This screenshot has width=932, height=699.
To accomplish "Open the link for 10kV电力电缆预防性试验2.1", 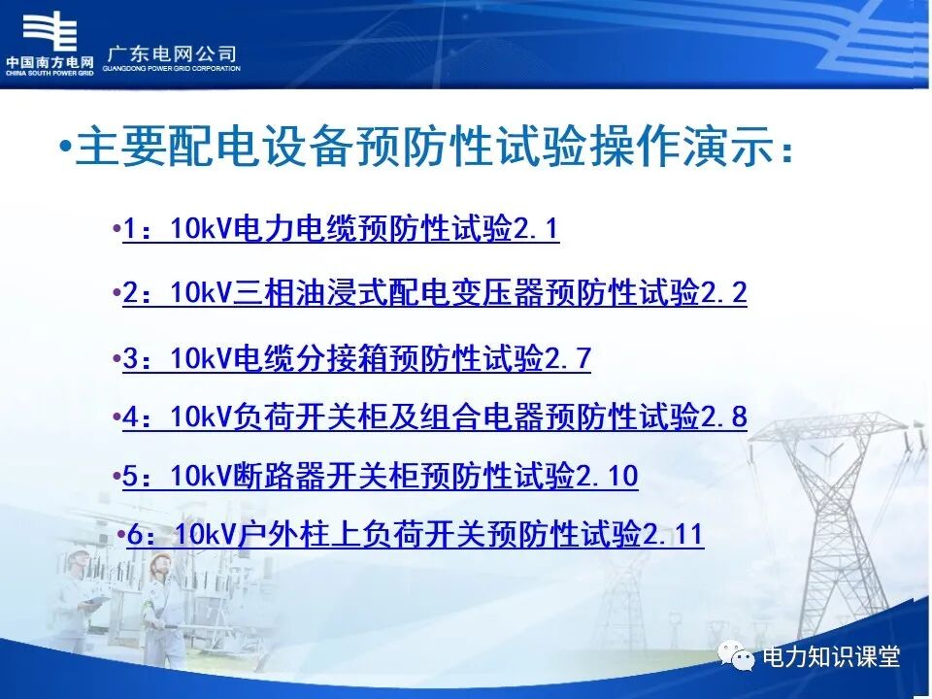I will pos(341,230).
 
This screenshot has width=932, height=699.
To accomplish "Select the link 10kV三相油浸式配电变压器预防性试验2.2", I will pos(435,292).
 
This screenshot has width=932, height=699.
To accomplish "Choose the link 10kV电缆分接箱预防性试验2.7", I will pos(356,359).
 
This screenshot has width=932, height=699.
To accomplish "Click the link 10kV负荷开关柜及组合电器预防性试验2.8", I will pos(435,417).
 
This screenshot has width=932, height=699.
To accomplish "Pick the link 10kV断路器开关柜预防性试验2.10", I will pos(380,477).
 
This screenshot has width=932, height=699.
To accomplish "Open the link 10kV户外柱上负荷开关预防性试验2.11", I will pos(415,535).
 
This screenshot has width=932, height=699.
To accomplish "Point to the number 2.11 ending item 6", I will pos(674,535).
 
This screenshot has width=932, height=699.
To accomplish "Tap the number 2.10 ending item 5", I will pos(608,477).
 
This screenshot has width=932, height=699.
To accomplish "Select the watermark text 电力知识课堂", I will pos(832,657).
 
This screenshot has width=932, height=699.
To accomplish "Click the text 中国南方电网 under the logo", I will pos(50,64).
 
